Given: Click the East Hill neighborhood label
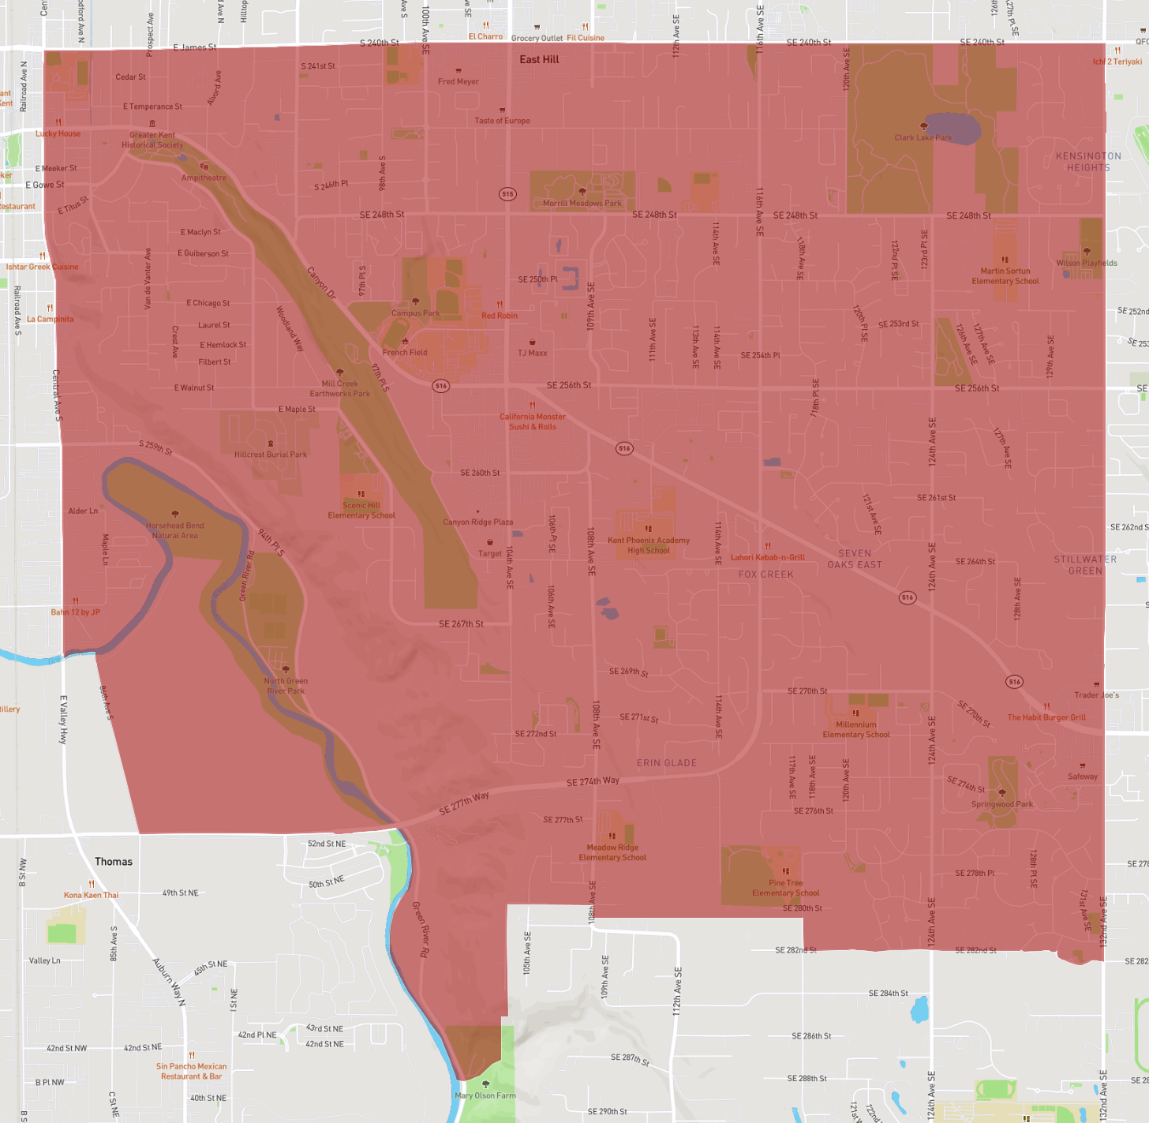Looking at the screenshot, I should [539, 60].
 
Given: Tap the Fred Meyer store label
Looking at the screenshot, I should [458, 81].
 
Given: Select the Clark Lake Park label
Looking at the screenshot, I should [923, 137].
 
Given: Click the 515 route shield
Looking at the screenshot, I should [507, 194].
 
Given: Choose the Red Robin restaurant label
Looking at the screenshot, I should [500, 316].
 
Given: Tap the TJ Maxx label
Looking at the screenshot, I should [533, 353].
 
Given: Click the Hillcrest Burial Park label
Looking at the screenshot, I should [271, 455].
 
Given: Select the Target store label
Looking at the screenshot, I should [489, 553].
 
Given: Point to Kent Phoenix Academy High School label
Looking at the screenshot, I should [649, 545].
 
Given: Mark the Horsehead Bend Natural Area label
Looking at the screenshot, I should [175, 530].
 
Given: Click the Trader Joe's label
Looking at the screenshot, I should [1096, 695].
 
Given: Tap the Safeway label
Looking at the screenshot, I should [1083, 777].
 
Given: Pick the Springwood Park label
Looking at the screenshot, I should [1002, 804].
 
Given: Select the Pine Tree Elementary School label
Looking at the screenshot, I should [785, 888].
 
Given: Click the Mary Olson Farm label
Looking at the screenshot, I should [485, 1095].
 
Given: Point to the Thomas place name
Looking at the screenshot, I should [114, 862].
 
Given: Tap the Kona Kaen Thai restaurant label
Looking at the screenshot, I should [92, 895].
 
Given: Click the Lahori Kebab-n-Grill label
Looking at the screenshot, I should [768, 557].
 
